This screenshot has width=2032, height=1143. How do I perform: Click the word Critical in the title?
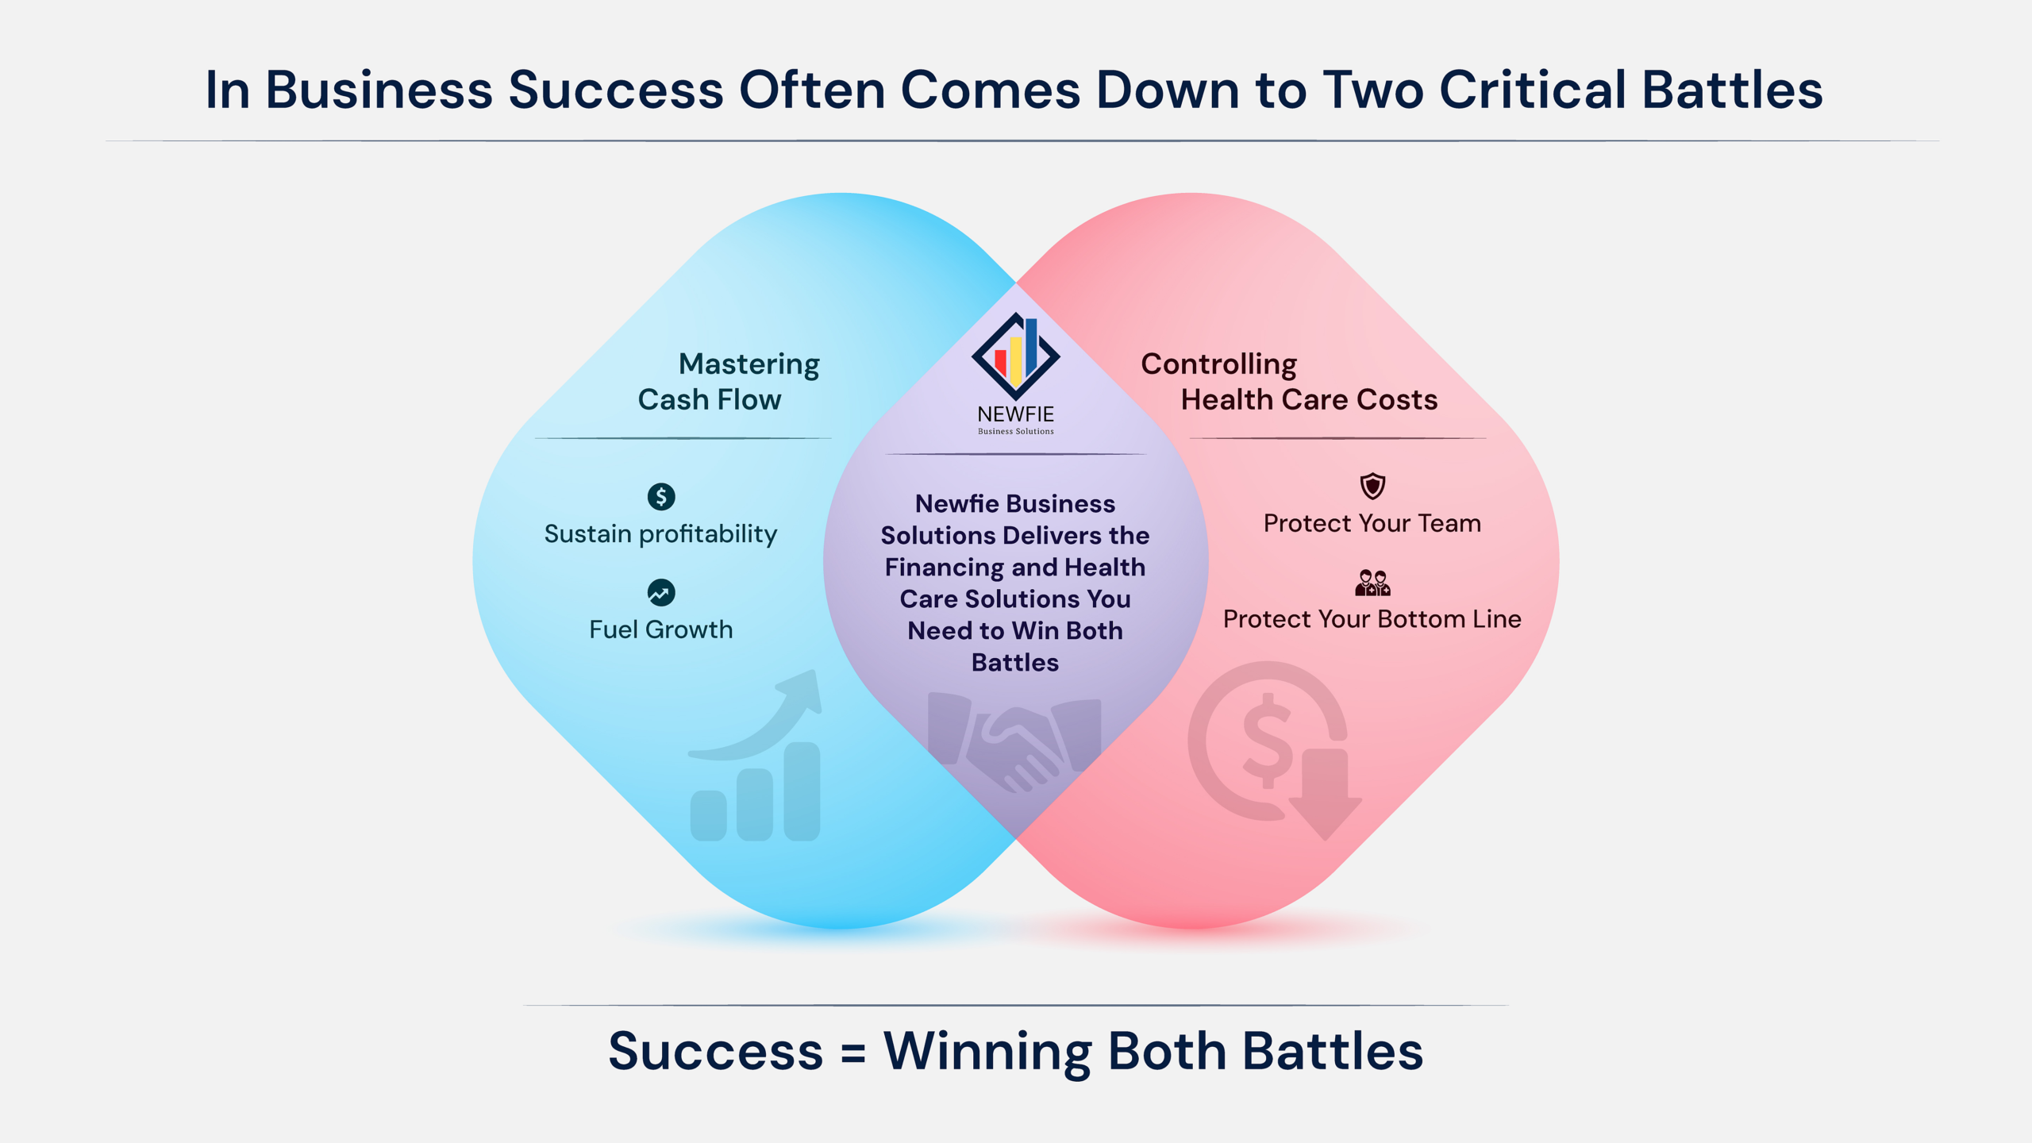(1533, 89)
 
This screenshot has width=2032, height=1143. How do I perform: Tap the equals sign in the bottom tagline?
(853, 1053)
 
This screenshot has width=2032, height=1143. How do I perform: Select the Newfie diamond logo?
(1015, 356)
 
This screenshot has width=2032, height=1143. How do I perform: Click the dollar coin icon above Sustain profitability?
(661, 497)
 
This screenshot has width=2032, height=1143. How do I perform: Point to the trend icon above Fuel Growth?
(661, 592)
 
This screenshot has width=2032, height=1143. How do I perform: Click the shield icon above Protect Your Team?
(1372, 486)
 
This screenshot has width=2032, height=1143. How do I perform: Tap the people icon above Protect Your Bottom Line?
(1372, 583)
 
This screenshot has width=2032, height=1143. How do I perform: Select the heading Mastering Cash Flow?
(729, 382)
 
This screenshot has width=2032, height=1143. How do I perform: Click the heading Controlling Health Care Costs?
(1289, 382)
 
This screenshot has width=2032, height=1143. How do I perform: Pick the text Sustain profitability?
(660, 534)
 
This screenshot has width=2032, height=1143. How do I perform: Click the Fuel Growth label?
(660, 629)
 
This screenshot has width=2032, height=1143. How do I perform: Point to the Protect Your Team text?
(1372, 523)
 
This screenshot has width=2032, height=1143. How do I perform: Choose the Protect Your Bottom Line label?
(1372, 619)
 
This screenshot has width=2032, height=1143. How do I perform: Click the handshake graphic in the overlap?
(1015, 742)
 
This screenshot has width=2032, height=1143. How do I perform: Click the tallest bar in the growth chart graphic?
(802, 791)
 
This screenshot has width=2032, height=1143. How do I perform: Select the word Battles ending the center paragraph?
(1015, 663)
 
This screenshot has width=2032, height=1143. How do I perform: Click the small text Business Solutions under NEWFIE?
(1016, 431)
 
